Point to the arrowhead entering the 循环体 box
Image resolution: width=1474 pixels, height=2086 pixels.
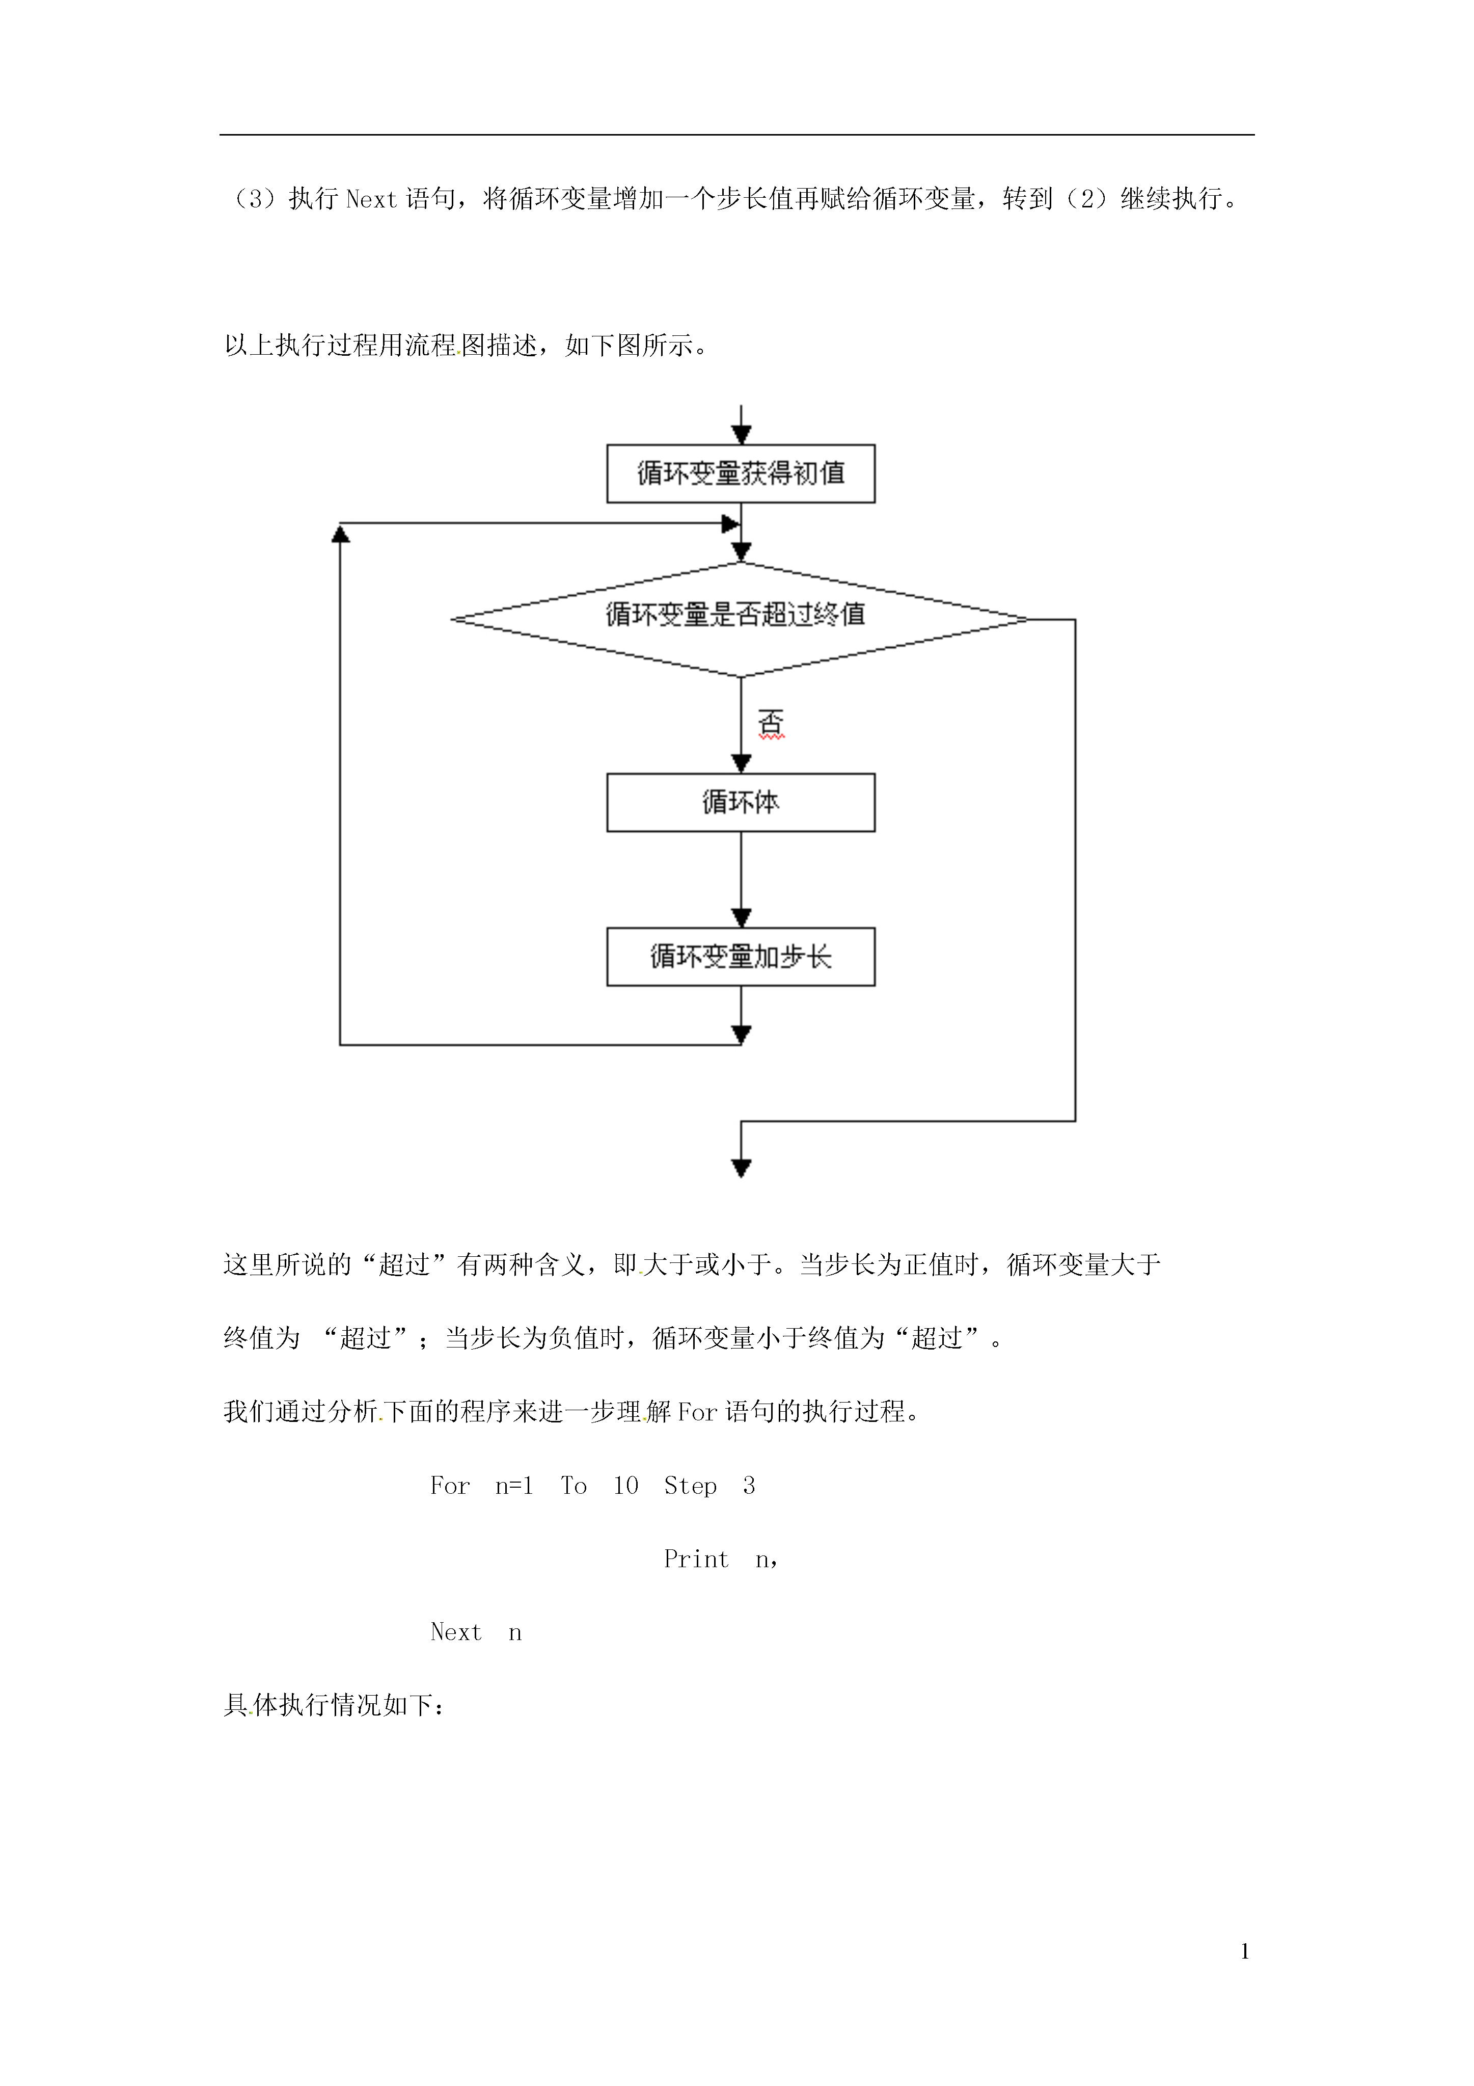741,763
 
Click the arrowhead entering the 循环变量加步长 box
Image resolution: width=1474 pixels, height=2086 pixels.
741,917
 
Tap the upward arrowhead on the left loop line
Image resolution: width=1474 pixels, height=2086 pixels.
341,533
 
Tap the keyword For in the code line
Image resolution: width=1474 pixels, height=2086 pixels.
450,1486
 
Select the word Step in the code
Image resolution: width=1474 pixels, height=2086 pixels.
690,1486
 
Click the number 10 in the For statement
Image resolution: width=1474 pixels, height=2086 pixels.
626,1486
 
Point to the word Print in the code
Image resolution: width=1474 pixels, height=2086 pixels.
696,1559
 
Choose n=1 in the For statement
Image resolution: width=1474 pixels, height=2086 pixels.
514,1486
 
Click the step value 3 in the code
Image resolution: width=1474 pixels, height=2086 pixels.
748,1486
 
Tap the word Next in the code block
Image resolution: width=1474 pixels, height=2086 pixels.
456,1632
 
